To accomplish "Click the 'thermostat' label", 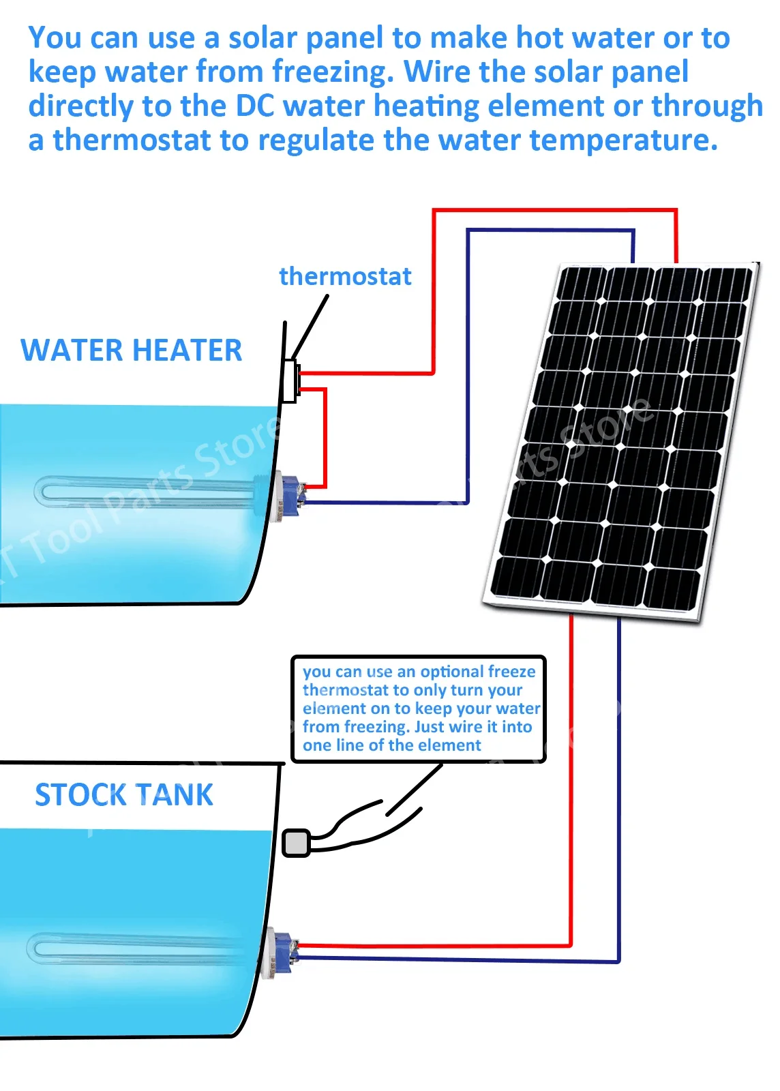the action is click(x=345, y=276).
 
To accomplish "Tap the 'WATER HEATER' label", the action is click(x=131, y=350).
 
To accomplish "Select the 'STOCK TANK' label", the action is click(x=123, y=795).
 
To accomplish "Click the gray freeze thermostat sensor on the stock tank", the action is click(x=296, y=843).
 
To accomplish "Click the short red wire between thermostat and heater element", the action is click(x=325, y=436).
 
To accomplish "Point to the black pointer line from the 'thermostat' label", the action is click(x=310, y=327).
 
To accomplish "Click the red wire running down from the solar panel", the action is click(x=571, y=784).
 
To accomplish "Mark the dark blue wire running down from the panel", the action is click(x=618, y=784).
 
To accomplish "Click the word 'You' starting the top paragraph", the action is click(x=55, y=38).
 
